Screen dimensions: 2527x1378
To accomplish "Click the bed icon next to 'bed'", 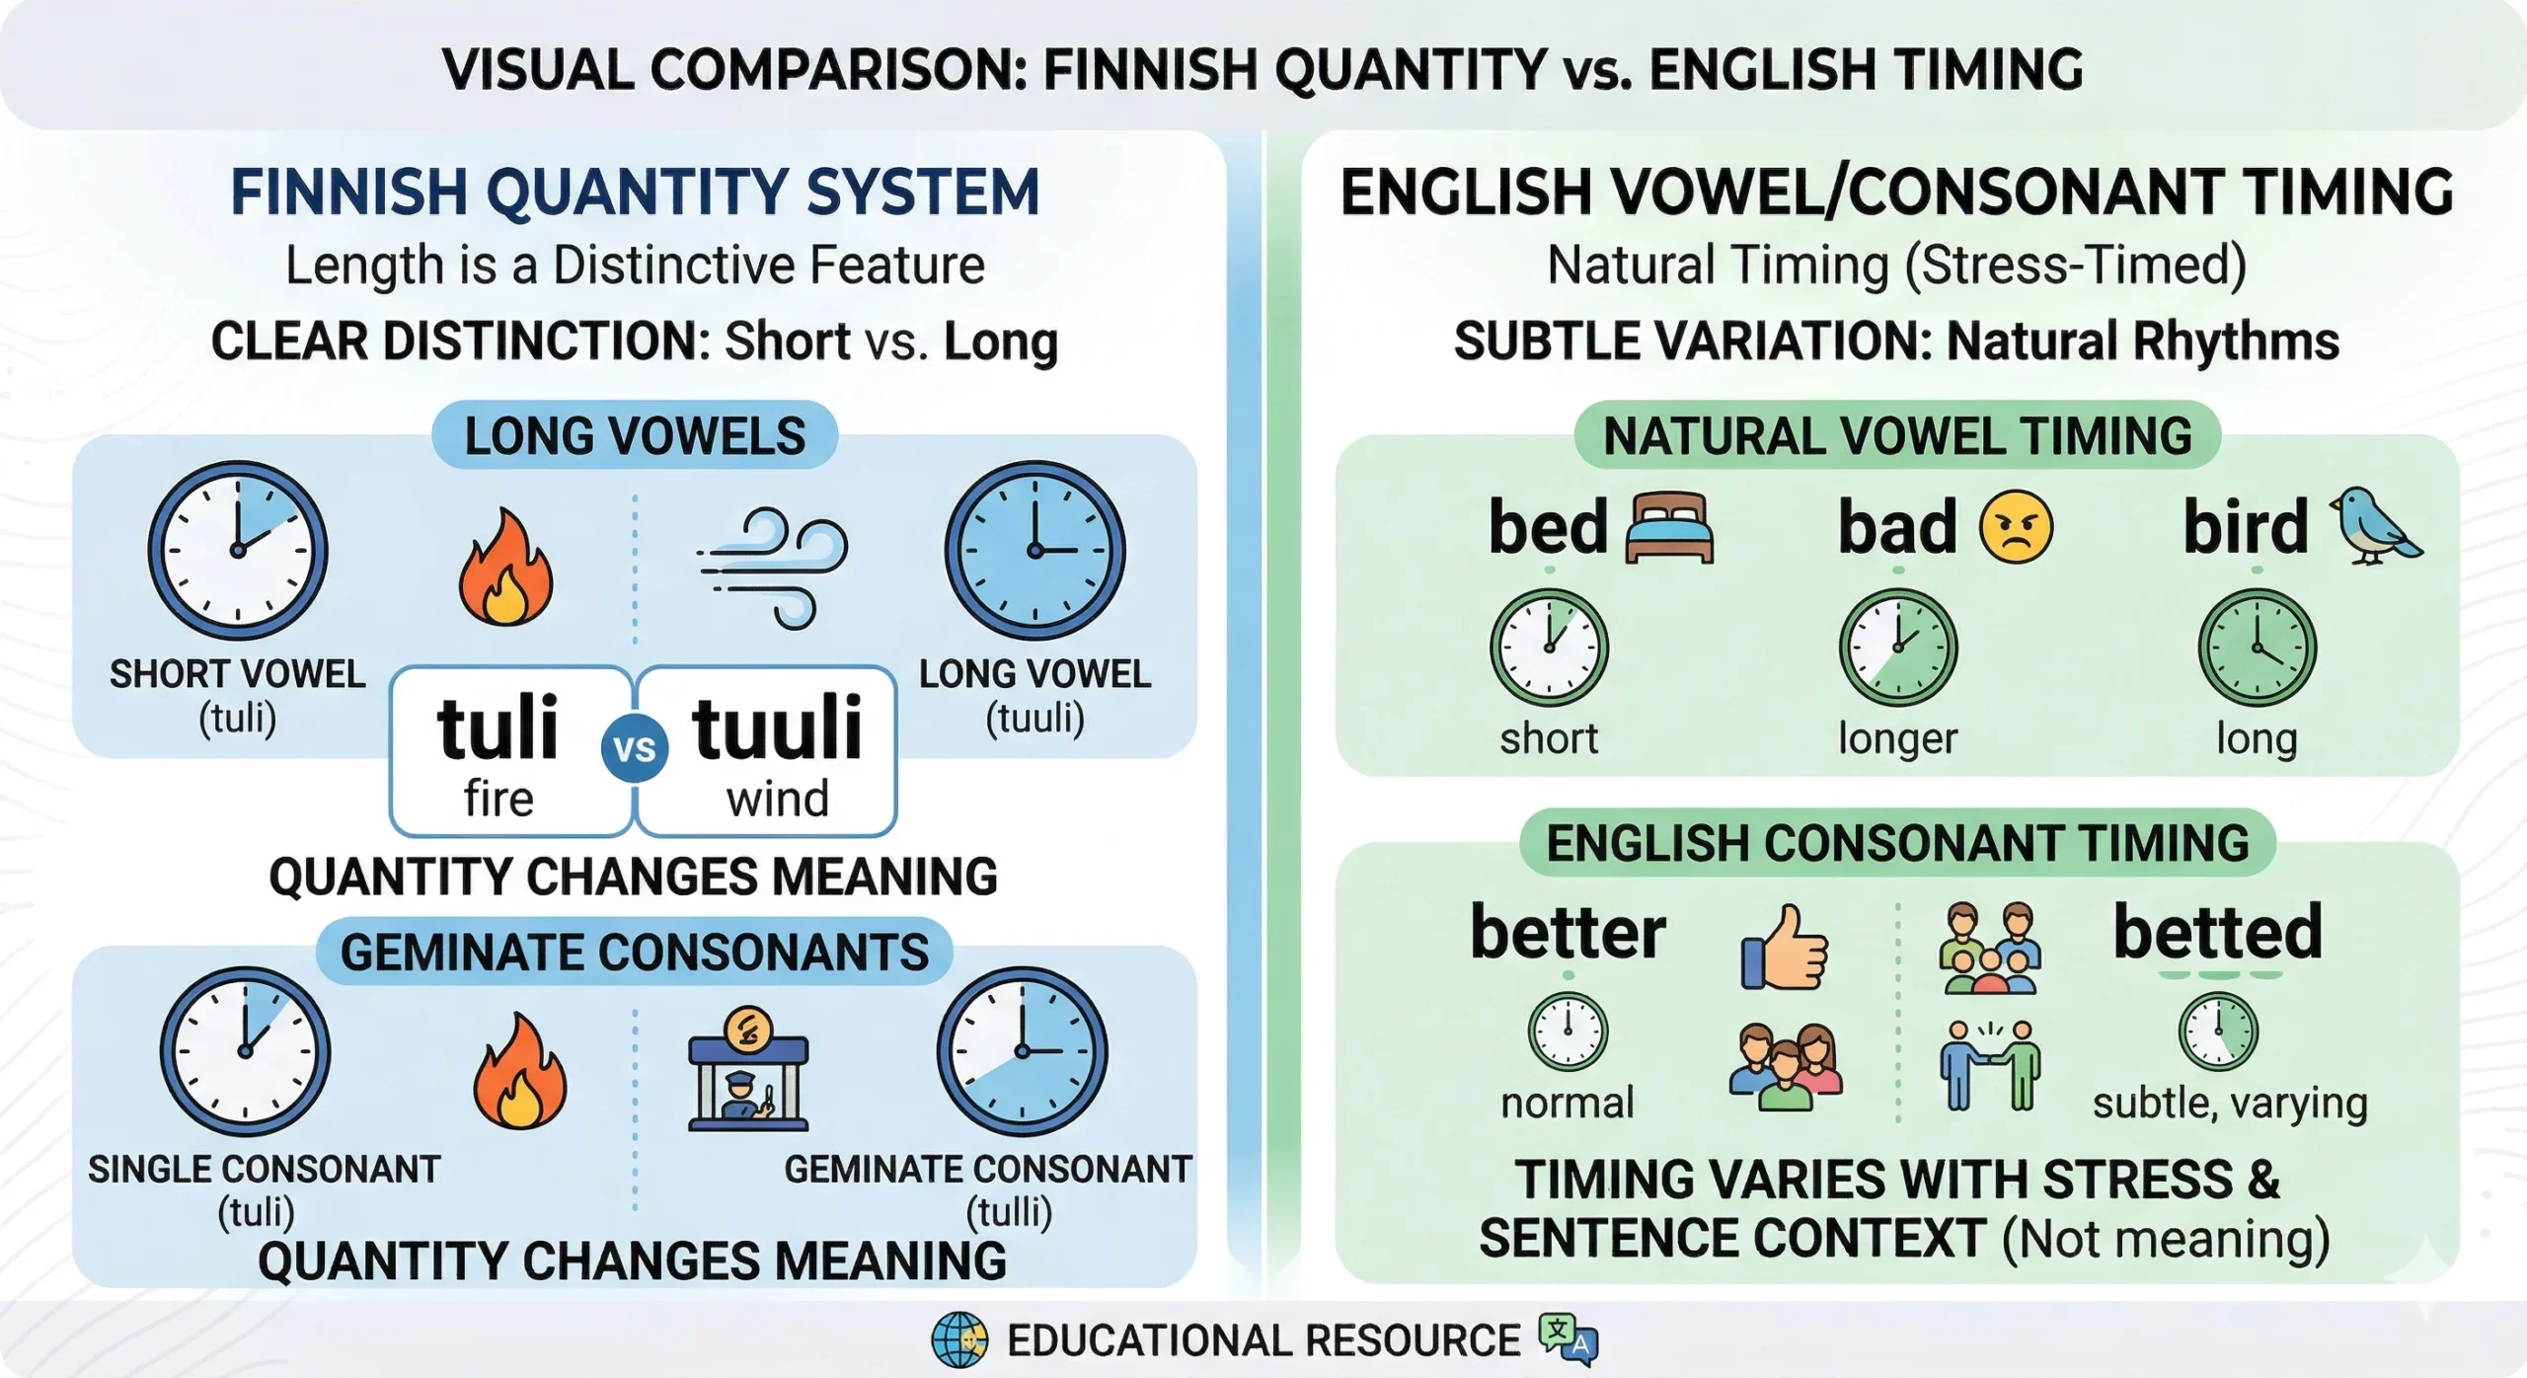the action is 1669,527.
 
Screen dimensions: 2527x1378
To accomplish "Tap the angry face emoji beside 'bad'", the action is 2016,527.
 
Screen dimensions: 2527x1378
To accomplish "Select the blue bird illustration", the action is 2375,525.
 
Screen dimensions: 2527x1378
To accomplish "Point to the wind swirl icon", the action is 773,568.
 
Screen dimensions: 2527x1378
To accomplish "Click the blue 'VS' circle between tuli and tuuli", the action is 635,749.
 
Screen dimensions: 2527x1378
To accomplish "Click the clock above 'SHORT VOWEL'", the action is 238,550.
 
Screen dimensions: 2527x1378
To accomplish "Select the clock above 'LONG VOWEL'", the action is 1034,550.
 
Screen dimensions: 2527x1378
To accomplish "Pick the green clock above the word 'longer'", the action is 1897,648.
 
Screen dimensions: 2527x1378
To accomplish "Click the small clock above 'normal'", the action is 1568,1032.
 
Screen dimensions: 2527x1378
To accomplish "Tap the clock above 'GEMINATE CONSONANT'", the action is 1023,1051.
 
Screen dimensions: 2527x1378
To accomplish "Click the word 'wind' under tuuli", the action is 778,798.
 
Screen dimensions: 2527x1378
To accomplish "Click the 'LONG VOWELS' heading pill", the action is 635,435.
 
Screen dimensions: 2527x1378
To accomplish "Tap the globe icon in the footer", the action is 958,1340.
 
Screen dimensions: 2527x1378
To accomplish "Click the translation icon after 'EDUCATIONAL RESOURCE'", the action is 1569,1340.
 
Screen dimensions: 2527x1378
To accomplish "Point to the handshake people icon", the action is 1990,1064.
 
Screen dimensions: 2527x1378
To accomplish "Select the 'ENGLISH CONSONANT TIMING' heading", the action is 1897,843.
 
